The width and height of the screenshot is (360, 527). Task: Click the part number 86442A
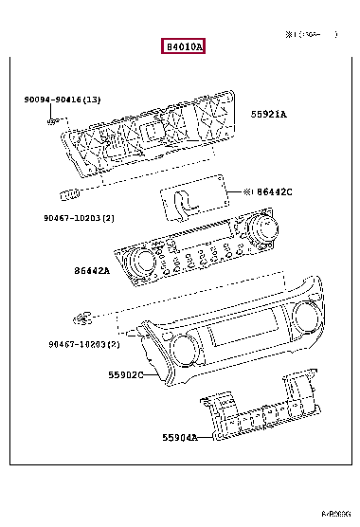click(x=92, y=271)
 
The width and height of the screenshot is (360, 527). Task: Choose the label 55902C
click(x=125, y=374)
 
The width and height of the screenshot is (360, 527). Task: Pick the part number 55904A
click(x=178, y=438)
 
